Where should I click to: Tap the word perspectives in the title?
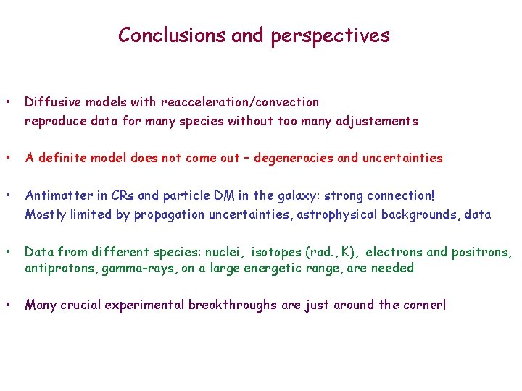click(331, 35)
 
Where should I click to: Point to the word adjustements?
click(377, 121)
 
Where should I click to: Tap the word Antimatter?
click(55, 195)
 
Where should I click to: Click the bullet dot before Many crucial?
click(8, 305)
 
